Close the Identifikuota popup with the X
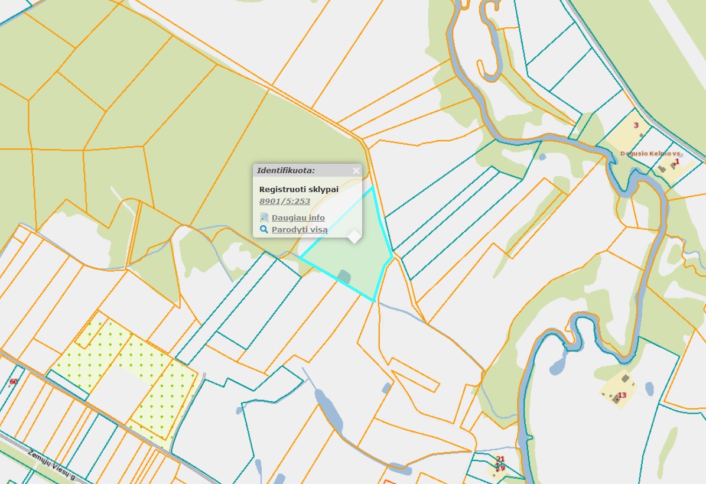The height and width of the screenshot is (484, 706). click(x=356, y=171)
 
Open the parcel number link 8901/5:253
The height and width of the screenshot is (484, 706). click(x=285, y=201)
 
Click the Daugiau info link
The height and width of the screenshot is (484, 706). click(x=298, y=217)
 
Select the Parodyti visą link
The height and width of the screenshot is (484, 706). click(x=299, y=229)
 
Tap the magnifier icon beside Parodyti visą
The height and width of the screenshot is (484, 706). click(x=264, y=229)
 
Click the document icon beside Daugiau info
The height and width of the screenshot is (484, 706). click(x=264, y=217)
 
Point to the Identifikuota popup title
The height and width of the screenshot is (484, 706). click(x=286, y=171)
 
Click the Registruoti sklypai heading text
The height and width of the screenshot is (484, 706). click(x=299, y=189)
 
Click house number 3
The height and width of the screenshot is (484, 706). click(x=636, y=125)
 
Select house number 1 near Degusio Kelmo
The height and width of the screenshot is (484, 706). click(x=677, y=161)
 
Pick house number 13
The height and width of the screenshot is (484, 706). click(x=622, y=395)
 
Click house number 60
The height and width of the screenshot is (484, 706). click(x=14, y=382)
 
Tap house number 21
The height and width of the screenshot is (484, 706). click(x=500, y=459)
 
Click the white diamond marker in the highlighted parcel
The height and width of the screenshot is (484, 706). click(x=354, y=236)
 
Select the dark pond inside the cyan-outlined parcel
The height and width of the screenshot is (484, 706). click(x=343, y=275)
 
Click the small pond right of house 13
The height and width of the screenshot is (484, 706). click(x=649, y=388)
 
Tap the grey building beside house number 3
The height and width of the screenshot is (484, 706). click(x=642, y=135)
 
